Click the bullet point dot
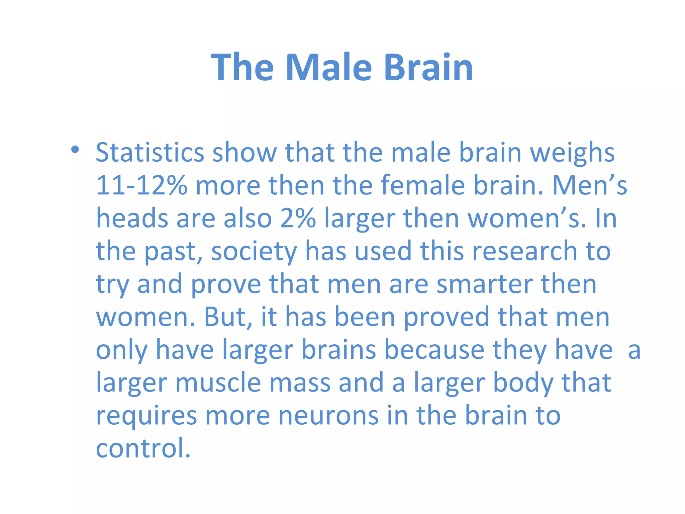[x=75, y=150]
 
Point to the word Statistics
[x=150, y=153]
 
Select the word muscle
[x=218, y=382]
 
